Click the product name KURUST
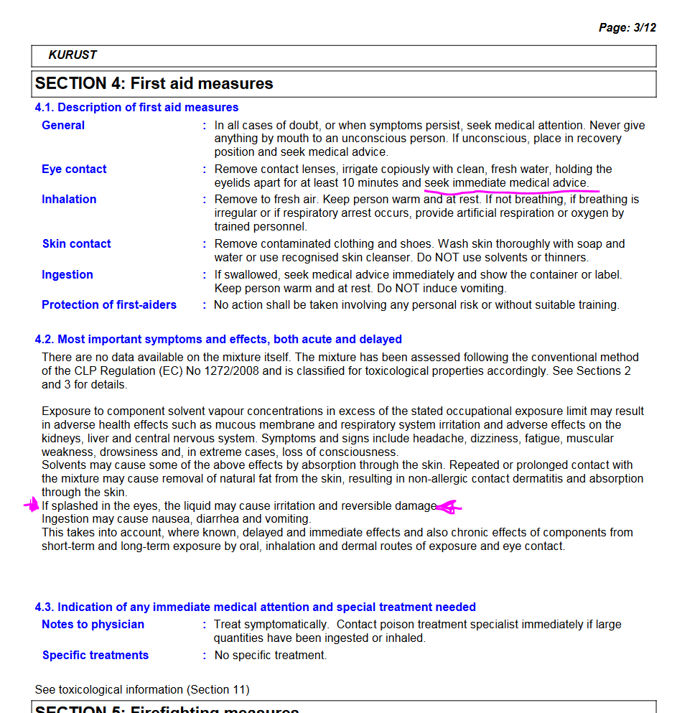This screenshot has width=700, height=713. click(x=73, y=55)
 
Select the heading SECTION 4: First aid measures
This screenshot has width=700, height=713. click(x=154, y=83)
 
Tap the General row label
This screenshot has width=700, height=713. click(x=63, y=126)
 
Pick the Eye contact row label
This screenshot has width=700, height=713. click(x=74, y=169)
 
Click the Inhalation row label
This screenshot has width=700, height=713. click(x=69, y=200)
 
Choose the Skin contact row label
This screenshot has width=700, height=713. click(x=76, y=244)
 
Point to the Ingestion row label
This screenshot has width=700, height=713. click(x=67, y=275)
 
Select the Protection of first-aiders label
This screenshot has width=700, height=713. click(x=109, y=305)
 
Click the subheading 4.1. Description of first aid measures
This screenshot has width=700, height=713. click(x=136, y=108)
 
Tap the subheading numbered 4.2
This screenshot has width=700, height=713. click(x=218, y=340)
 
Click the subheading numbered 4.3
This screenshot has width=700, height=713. click(x=255, y=607)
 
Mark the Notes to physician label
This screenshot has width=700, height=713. click(x=93, y=625)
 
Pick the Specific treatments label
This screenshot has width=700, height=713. click(x=95, y=656)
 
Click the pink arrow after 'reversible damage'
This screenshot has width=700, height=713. click(x=449, y=508)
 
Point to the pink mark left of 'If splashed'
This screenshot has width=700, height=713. click(x=32, y=505)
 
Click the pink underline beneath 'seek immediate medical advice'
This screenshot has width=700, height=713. click(x=511, y=191)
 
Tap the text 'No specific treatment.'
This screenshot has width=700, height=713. click(x=271, y=656)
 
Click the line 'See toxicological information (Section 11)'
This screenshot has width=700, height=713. click(x=142, y=690)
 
